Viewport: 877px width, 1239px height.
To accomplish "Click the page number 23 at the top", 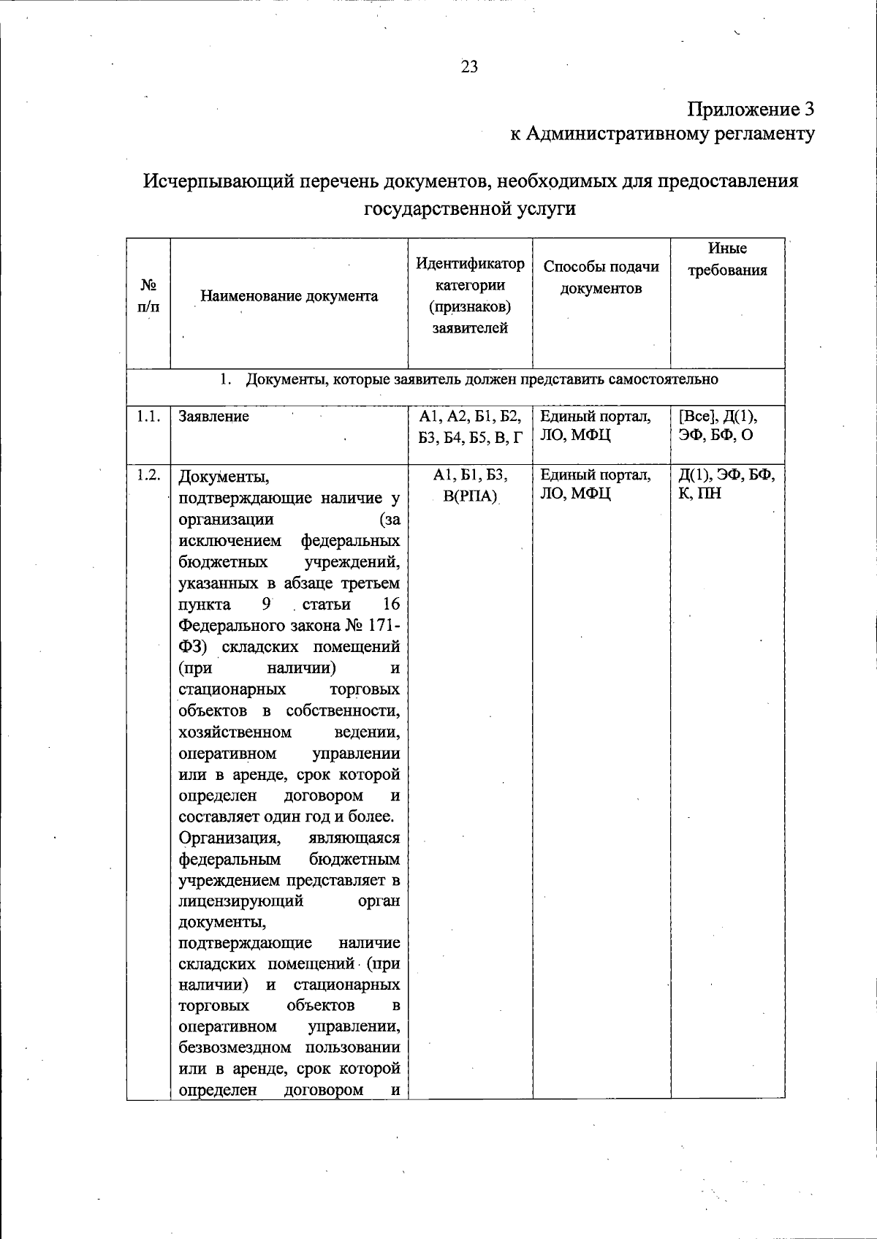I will point(469,67).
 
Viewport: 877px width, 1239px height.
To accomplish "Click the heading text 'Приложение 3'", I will point(750,110).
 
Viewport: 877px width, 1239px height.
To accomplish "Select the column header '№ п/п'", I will point(148,297).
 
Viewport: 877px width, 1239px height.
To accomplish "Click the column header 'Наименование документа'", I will point(289,297).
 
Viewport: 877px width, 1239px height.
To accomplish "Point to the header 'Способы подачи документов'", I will point(601,278).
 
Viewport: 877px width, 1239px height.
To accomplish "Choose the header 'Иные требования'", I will point(727,259).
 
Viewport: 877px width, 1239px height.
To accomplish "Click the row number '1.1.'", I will point(148,417).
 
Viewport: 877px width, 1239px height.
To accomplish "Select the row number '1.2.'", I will point(148,475).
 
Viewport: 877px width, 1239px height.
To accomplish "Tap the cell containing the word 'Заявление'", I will point(214,417).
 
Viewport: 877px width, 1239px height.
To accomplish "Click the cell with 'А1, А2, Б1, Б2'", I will point(470,417).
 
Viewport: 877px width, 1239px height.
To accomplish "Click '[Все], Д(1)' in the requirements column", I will point(718,417).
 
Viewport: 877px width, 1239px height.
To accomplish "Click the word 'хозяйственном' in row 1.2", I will point(235,732).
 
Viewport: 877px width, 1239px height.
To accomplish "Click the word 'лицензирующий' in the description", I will point(240,901).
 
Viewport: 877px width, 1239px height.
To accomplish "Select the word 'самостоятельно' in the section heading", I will point(667,379).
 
